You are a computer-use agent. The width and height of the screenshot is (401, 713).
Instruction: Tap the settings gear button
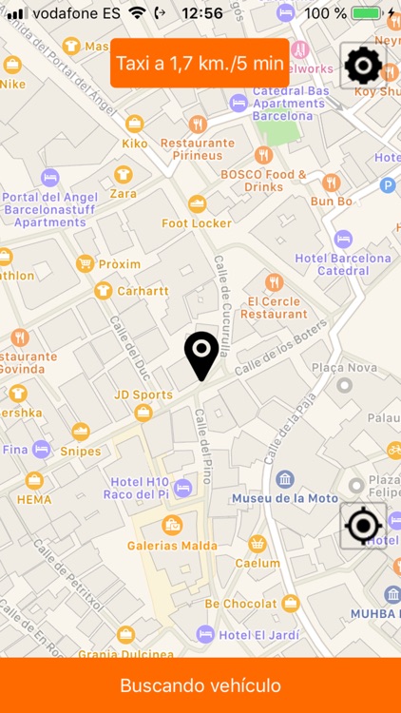[x=363, y=66]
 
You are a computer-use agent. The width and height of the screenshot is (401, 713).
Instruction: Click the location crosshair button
[x=363, y=526]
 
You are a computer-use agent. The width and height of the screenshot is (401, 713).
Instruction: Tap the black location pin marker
[x=201, y=356]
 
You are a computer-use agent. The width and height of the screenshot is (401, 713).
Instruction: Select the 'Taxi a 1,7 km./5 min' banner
[x=200, y=64]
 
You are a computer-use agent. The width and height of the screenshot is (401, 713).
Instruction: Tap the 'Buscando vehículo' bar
[x=200, y=685]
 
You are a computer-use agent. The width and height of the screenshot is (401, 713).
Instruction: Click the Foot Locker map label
[x=197, y=222]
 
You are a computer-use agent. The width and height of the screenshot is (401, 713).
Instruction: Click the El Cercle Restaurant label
[x=274, y=306]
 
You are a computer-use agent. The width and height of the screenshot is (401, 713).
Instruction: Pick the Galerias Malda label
[x=172, y=545]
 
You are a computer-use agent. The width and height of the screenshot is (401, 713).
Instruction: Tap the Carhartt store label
[x=143, y=291]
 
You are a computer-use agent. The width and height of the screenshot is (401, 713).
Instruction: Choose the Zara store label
[x=123, y=193]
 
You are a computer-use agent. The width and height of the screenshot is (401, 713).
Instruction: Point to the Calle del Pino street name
[x=202, y=444]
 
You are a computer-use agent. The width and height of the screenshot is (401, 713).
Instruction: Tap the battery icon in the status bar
[x=366, y=13]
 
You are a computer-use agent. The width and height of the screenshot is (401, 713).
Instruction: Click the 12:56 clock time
[x=201, y=13]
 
